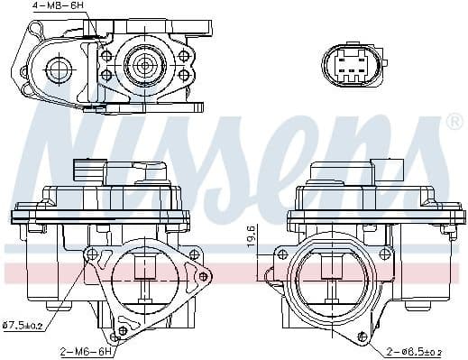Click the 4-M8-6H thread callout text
point(58,6)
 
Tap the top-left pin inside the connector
point(342,59)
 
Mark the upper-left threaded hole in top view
point(106,53)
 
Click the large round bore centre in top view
point(145,66)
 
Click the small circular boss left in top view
point(61,68)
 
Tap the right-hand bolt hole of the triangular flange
point(203,276)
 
